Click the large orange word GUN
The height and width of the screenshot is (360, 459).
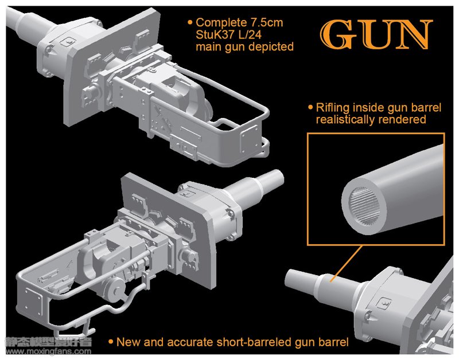pos(376,34)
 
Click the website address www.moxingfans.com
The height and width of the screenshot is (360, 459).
pos(48,351)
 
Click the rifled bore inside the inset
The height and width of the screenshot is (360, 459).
pos(364,207)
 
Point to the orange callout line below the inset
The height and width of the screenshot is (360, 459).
pos(346,264)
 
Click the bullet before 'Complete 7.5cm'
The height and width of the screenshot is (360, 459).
pos(190,22)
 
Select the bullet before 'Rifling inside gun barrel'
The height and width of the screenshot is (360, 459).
pos(310,107)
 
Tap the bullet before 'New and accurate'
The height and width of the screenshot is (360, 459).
pos(111,342)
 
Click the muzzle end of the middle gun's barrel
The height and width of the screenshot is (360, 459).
pos(279,177)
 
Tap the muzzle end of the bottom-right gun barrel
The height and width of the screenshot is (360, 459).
pos(289,278)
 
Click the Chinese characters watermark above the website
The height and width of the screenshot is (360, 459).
pos(48,342)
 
